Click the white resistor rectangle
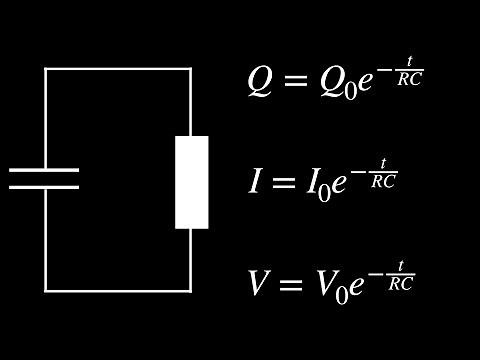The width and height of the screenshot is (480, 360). (x=192, y=182)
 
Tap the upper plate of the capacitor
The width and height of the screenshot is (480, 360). (x=44, y=170)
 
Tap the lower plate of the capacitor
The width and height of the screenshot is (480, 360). (x=44, y=187)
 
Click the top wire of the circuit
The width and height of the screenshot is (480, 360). (x=118, y=69)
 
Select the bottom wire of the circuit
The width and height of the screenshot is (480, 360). (x=118, y=291)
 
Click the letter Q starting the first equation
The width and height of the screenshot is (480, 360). (x=259, y=82)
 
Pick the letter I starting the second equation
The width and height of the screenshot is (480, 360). (x=255, y=182)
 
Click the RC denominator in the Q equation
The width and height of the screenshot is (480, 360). (x=411, y=79)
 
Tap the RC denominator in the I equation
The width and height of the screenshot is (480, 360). (x=384, y=180)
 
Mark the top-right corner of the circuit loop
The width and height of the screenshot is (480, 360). (x=191, y=69)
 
